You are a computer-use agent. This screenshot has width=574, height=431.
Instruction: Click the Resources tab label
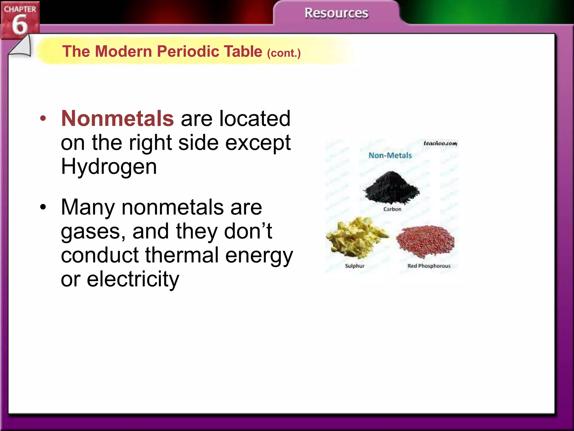tap(336, 13)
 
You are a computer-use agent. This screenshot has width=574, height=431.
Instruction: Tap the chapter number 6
tap(20, 25)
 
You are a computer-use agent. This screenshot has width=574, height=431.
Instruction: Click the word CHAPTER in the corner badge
tap(20, 9)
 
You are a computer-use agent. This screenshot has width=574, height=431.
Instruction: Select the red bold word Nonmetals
tap(117, 118)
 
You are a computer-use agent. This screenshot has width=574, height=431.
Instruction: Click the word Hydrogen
tap(109, 167)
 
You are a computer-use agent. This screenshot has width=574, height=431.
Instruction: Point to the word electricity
tap(133, 279)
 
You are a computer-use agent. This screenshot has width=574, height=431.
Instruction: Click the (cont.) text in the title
tap(284, 53)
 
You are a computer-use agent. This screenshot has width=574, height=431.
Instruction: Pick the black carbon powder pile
tap(391, 187)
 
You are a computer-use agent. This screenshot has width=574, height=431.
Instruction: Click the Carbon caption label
tap(392, 209)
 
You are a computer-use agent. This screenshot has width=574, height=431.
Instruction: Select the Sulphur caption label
tap(355, 266)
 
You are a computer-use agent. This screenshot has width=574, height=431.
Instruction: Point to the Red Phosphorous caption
tap(429, 266)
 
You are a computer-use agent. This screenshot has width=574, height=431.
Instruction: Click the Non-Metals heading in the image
tap(390, 155)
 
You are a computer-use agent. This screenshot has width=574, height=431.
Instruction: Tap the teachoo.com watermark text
tap(440, 143)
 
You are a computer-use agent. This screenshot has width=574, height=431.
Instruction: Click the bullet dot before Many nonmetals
tap(43, 207)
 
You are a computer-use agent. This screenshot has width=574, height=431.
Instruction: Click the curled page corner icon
tap(21, 47)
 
